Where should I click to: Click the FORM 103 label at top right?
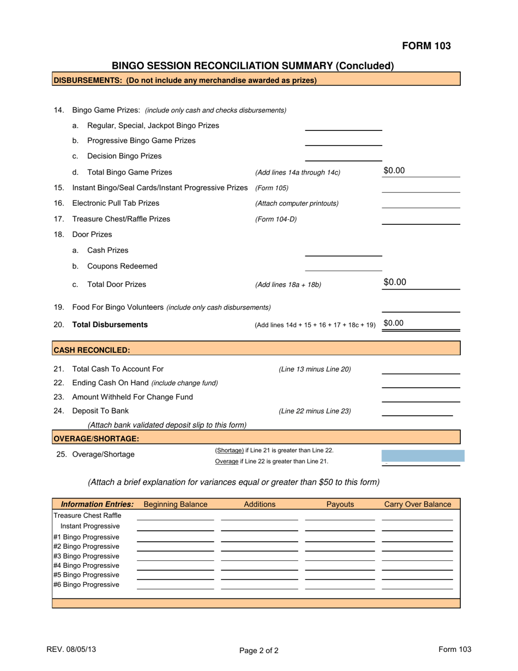click(x=426, y=46)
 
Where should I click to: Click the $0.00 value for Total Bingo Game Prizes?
click(x=394, y=171)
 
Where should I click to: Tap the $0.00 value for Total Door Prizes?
click(x=395, y=282)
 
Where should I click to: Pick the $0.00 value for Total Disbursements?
click(x=394, y=323)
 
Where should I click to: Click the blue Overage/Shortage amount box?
click(x=423, y=457)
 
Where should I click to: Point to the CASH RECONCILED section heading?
click(x=92, y=350)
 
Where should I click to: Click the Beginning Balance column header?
click(x=175, y=504)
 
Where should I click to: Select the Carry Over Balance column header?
click(x=418, y=504)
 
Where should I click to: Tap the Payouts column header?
click(x=340, y=504)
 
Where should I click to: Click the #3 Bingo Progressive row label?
click(x=86, y=556)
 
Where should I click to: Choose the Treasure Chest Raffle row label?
click(x=87, y=516)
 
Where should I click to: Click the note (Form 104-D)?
click(x=276, y=219)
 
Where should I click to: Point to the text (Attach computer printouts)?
click(x=297, y=203)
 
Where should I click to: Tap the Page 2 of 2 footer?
click(x=259, y=650)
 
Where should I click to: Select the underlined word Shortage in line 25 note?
click(x=230, y=451)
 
